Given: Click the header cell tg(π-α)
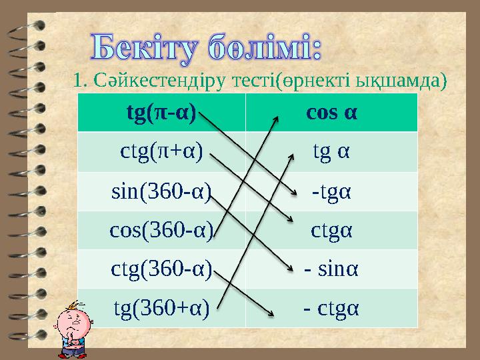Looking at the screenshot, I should click(x=161, y=112).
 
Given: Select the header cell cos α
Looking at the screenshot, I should click(x=331, y=112).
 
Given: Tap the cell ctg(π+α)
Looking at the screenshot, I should click(x=161, y=151).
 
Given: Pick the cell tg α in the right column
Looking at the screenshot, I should click(x=331, y=151).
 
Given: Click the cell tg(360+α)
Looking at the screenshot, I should click(x=161, y=307).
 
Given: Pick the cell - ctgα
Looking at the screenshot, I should click(x=331, y=307).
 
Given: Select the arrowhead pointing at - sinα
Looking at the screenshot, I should click(x=288, y=268).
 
